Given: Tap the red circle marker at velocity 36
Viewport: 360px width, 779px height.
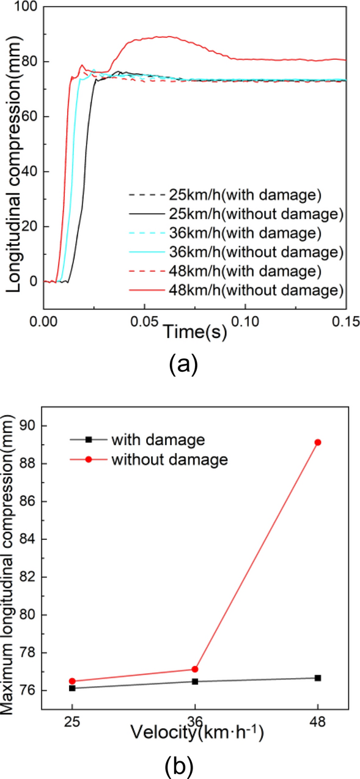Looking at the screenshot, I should pyautogui.click(x=194, y=669).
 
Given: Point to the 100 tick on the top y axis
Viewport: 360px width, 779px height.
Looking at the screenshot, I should pyautogui.click(x=27, y=7).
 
